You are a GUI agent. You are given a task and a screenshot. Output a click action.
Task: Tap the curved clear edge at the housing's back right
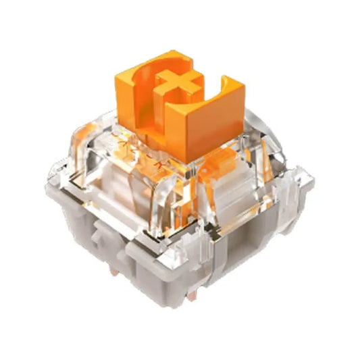pos(270,132)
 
